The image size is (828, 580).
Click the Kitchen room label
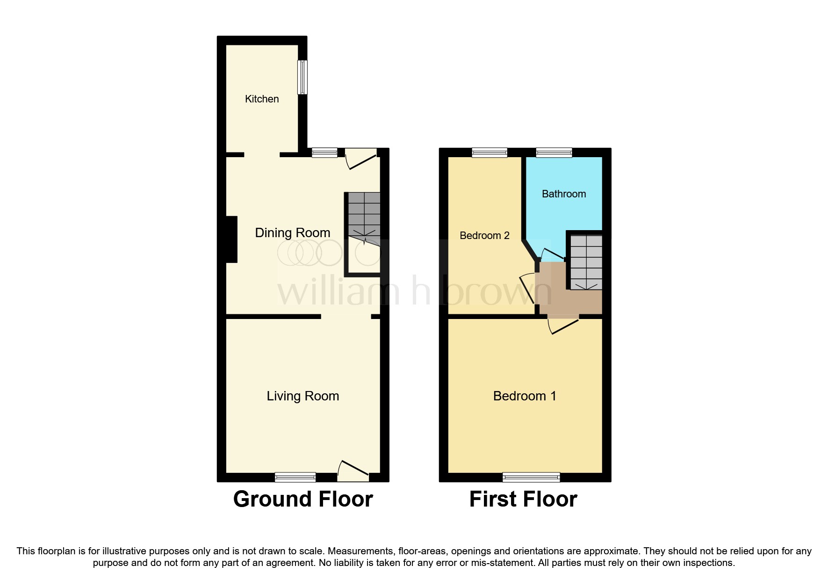tap(262, 99)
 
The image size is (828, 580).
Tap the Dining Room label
tap(292, 232)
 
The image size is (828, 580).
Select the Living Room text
tap(302, 396)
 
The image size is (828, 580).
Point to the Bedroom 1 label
tap(525, 396)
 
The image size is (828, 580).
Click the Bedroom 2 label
tap(484, 235)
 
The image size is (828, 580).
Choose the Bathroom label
tap(563, 194)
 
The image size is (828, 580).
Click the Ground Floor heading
tap(302, 499)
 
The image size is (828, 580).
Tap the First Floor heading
tap(523, 499)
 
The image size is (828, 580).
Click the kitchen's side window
tap(302, 77)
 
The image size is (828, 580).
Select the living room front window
tap(295, 477)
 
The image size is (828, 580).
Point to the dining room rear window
tap(324, 152)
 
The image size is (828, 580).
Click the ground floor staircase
tap(364, 215)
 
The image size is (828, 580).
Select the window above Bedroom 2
tap(490, 152)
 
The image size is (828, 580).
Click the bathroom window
tap(554, 152)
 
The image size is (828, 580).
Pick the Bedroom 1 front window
tap(531, 477)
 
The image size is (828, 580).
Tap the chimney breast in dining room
tap(232, 239)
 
